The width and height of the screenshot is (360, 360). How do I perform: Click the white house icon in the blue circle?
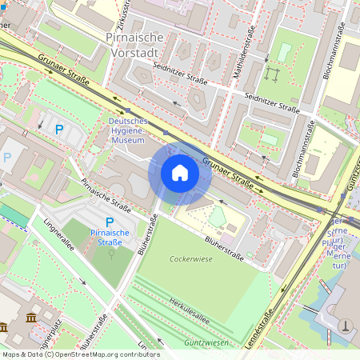click(x=179, y=173)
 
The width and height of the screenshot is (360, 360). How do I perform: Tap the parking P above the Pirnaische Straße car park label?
click(x=110, y=221)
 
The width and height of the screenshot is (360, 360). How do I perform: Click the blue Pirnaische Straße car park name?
click(x=110, y=238)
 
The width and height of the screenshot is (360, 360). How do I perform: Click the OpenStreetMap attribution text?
click(x=81, y=354)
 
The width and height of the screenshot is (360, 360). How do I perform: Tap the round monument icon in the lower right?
click(x=345, y=325)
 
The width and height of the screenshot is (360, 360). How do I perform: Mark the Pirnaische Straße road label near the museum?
click(x=106, y=194)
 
